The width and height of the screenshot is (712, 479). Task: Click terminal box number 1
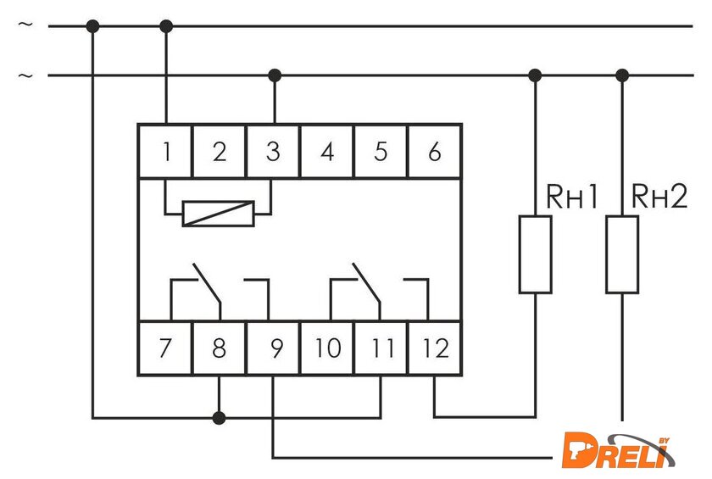pos(165,152)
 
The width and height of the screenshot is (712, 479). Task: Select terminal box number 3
pos(273,152)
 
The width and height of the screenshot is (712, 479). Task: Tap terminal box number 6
pos(435,152)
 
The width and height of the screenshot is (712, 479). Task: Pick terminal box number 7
pos(165,348)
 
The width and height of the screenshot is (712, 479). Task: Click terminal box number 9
pos(273,348)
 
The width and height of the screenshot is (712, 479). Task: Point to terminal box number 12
pos(435,348)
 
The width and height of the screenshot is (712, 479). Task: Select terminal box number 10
pos(327,348)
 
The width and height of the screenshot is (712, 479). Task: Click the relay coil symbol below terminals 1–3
pos(219,214)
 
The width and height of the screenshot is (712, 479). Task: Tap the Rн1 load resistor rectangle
pos(535,254)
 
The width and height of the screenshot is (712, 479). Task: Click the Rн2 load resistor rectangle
pos(622,254)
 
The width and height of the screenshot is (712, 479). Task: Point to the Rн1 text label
pos(571,198)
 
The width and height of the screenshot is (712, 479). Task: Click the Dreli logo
pos(619,449)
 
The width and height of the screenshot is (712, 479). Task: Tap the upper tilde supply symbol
pos(26,25)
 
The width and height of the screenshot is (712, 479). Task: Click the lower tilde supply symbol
pos(26,75)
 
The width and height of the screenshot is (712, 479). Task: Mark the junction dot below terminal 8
pos(220,417)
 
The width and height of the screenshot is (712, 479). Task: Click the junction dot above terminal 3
pos(274,75)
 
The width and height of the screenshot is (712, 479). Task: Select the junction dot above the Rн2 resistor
pos(622,75)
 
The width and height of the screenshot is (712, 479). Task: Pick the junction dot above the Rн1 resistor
pos(535,75)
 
